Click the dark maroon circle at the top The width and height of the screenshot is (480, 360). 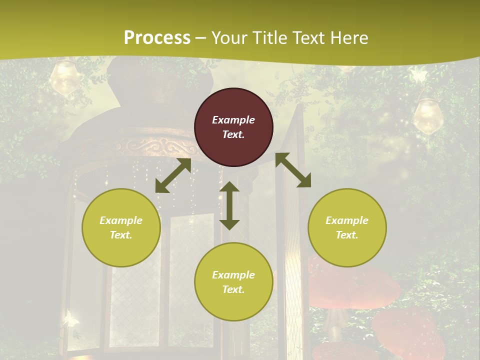233,127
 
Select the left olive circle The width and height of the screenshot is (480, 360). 121,227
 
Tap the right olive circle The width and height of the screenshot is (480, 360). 347,227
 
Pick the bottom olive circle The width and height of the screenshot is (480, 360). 233,282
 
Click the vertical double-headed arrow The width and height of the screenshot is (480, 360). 229,205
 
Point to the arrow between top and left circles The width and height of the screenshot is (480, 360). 173,175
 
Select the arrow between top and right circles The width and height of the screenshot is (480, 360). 293,170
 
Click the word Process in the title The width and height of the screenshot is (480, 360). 157,37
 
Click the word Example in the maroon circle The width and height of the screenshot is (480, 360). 233,120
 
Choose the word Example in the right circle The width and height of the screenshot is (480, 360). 347,220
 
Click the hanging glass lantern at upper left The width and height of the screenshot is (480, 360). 64,77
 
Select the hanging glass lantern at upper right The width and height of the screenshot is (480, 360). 427,115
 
